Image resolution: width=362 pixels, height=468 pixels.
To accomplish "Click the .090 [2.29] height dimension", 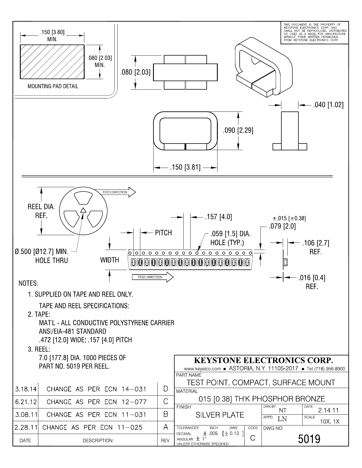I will coord(238,130).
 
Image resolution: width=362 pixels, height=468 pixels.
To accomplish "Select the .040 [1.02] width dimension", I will coord(328,105).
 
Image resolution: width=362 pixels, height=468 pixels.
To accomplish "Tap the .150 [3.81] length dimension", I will coord(185,168).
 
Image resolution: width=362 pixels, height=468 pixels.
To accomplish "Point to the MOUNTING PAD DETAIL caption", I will coord(53,86).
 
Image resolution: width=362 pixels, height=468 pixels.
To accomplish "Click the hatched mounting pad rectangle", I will coord(52,62).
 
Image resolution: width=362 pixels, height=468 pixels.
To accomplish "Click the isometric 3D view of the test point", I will coord(263,67).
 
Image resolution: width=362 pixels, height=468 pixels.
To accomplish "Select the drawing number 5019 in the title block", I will coord(309,439).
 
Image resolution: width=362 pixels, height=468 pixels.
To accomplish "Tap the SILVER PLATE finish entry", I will coord(220,415).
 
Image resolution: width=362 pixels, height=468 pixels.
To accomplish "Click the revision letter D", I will coord(166,389).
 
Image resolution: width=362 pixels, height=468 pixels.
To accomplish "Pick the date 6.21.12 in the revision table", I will coord(26,402).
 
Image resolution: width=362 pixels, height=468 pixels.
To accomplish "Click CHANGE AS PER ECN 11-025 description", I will coord(92,427).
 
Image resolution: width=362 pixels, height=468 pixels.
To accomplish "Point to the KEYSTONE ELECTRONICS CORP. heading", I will coord(263,360).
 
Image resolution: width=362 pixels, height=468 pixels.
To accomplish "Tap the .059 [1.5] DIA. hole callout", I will coord(230,238).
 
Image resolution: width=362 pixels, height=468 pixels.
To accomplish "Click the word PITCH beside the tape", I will coord(163,233).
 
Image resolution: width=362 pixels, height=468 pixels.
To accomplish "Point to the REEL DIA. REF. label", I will coord(41,211).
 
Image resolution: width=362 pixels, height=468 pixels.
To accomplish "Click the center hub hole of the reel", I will coord(83,211).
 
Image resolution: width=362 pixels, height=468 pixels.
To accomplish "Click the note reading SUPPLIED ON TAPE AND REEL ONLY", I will coord(83,294).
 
